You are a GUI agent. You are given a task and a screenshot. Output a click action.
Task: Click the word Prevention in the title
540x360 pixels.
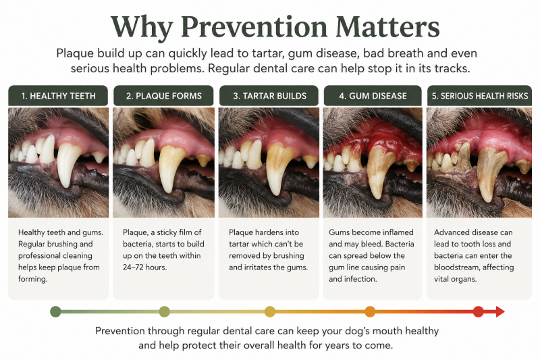(254, 27)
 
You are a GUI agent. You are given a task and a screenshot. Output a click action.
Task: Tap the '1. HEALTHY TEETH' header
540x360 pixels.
(58, 96)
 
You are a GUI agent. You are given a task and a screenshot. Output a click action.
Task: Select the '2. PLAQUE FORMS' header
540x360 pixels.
(163, 96)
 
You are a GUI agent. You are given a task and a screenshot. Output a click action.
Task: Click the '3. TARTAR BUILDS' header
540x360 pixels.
(269, 96)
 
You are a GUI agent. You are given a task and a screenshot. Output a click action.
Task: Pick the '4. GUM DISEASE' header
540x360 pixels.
(373, 96)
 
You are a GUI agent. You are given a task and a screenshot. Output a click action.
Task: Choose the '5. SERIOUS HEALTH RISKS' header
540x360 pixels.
(479, 96)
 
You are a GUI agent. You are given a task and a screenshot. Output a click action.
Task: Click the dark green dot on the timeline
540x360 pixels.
(55, 311)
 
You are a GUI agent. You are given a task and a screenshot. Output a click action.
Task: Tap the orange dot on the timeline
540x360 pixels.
(370, 311)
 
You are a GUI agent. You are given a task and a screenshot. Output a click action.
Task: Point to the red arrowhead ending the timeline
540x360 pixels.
(500, 312)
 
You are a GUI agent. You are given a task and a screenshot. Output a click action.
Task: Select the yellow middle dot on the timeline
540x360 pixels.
(270, 311)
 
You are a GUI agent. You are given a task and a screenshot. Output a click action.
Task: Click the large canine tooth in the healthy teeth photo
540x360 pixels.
(68, 164)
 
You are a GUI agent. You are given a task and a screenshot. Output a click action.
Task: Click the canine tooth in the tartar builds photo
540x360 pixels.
(279, 168)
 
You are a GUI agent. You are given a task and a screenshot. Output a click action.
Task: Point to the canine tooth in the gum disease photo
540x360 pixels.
(380, 171)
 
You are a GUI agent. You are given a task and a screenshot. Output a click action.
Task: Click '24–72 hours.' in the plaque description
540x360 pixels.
(144, 267)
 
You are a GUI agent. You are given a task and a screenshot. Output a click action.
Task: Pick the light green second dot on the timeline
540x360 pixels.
(164, 311)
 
